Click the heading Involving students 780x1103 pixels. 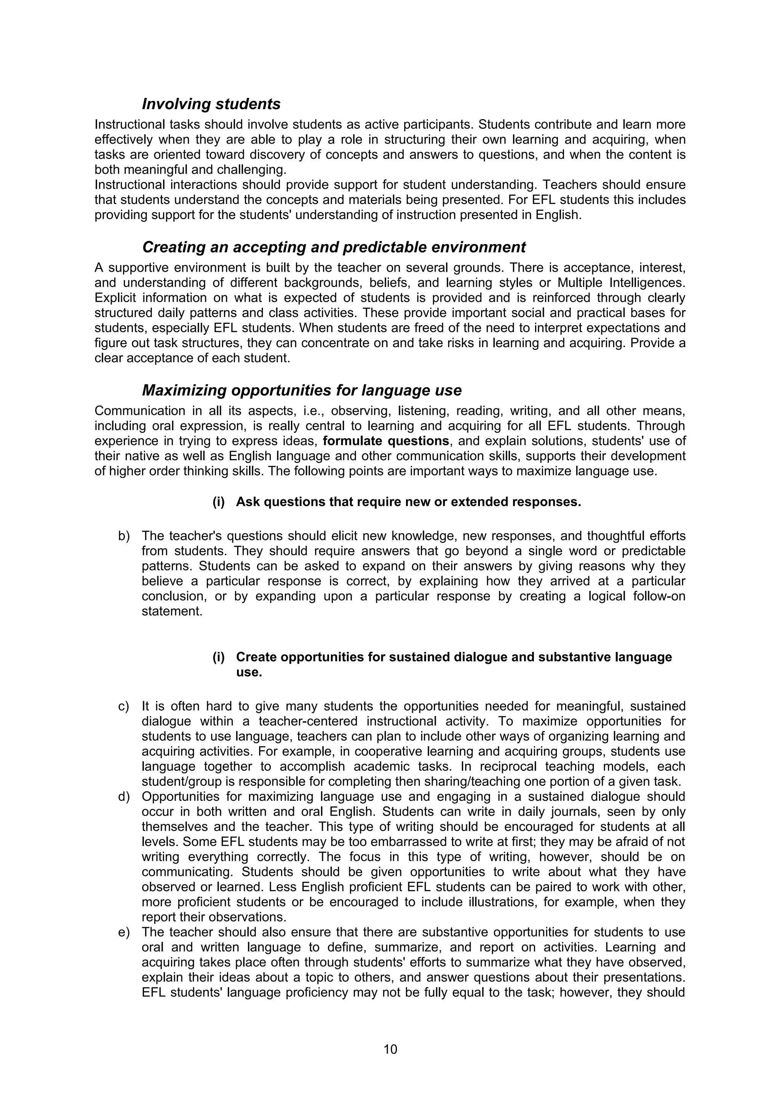coord(211,104)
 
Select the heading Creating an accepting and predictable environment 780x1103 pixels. coord(334,247)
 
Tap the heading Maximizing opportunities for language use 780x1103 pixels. coord(301,391)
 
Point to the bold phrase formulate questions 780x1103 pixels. coord(386,441)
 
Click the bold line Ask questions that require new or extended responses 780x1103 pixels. coord(409,502)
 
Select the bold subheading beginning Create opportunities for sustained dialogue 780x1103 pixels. coord(454,657)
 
